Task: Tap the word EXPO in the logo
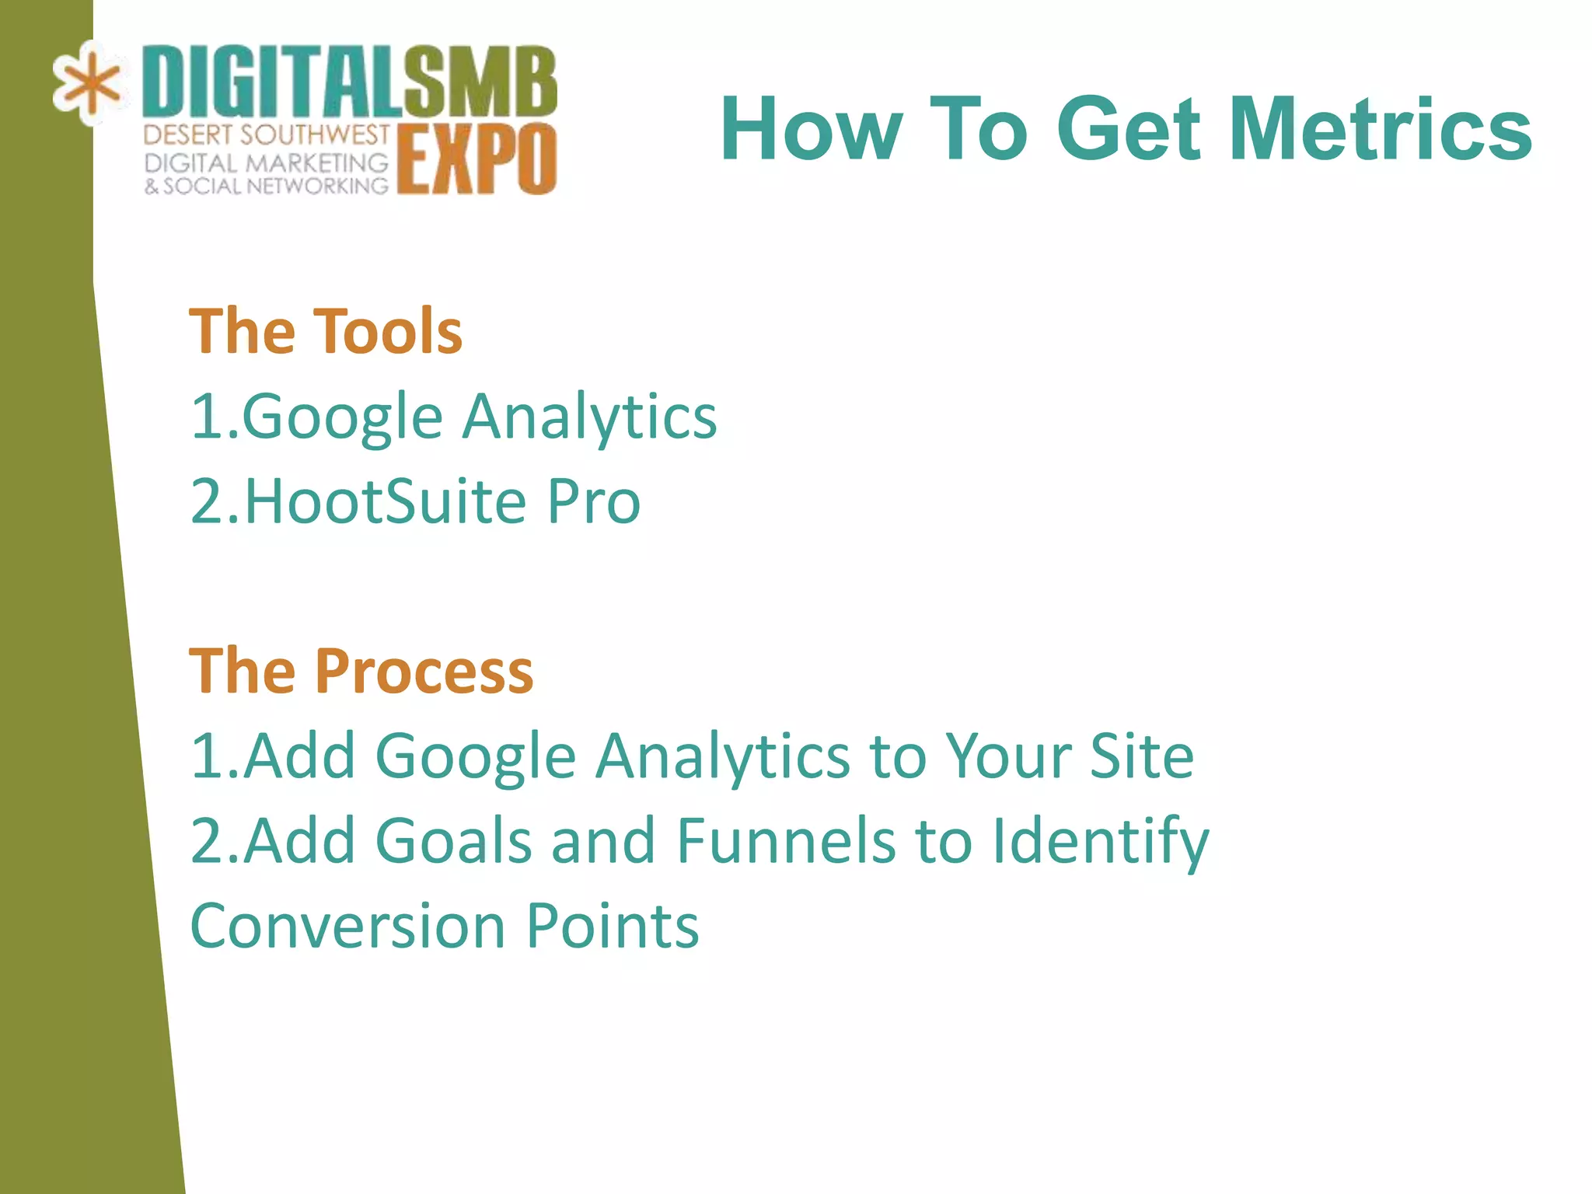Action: (x=477, y=159)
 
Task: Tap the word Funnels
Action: (x=786, y=840)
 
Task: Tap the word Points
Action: (x=613, y=926)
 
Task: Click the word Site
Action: (x=1141, y=756)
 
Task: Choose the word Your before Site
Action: (x=1007, y=756)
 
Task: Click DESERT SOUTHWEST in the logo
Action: (x=266, y=135)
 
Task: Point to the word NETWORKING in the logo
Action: (x=316, y=187)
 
